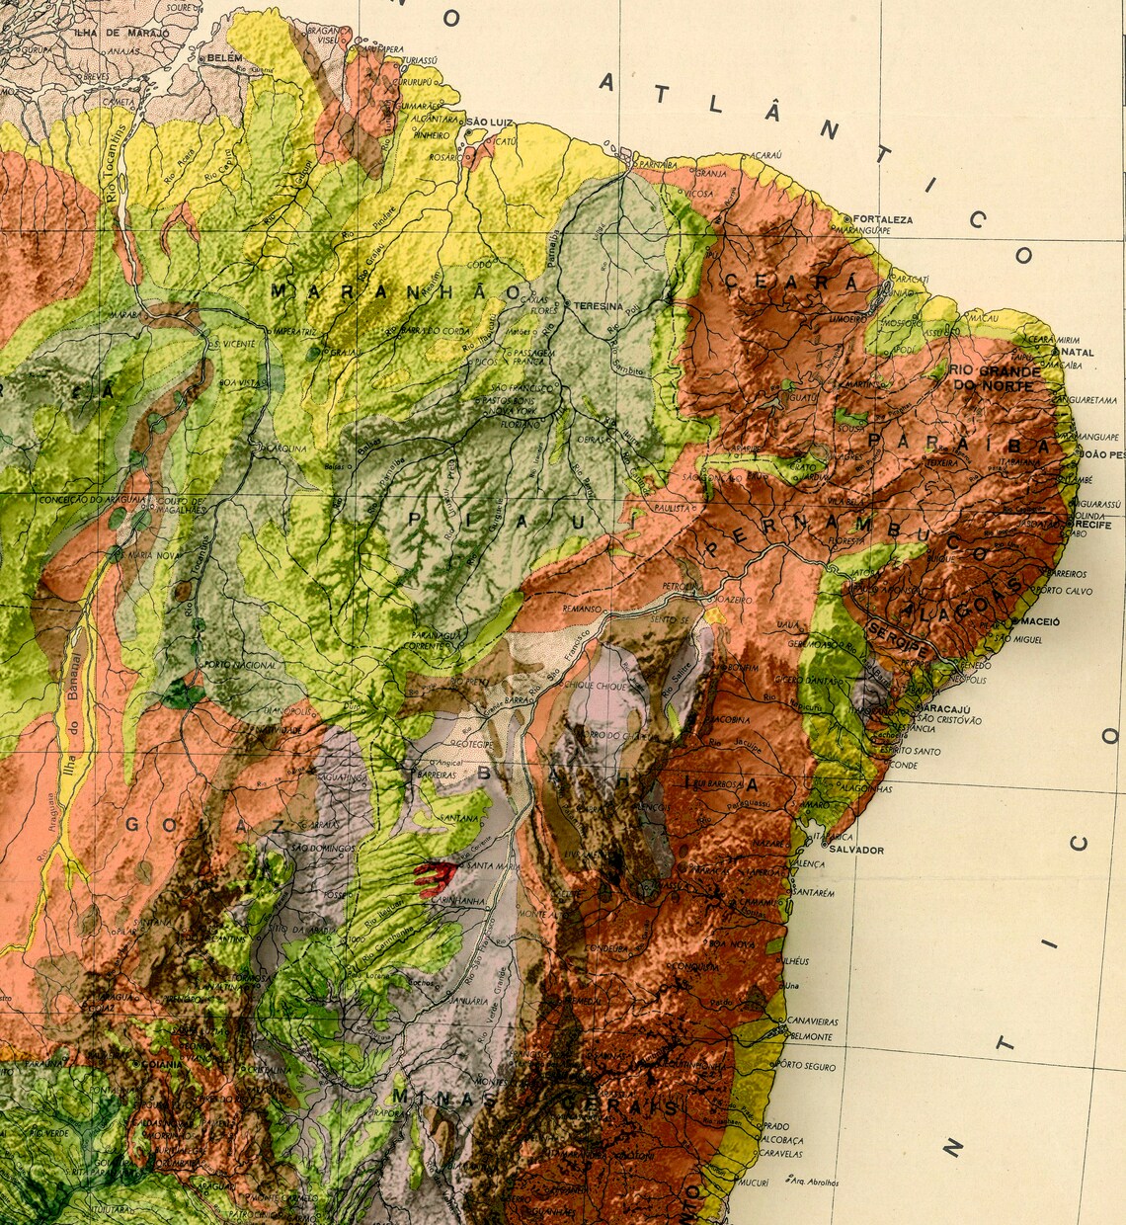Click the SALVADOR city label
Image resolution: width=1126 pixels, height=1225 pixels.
[856, 850]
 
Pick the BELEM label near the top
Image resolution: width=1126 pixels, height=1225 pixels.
[224, 59]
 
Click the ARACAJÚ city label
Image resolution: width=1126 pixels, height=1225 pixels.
[945, 710]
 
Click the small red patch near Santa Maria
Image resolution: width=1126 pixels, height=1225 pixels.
[432, 875]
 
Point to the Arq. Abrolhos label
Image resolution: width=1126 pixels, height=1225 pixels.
[816, 1182]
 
